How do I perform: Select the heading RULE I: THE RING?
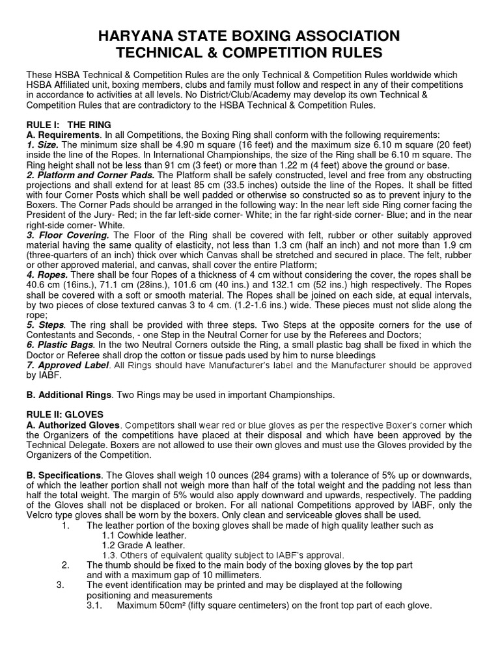pyautogui.click(x=68, y=124)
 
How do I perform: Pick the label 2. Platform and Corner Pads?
pyautogui.click(x=90, y=176)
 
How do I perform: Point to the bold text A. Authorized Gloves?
pyautogui.click(x=72, y=425)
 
